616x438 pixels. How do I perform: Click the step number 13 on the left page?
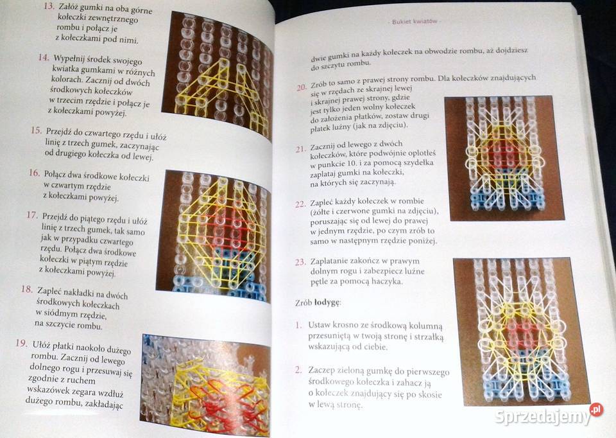pyautogui.click(x=47, y=7)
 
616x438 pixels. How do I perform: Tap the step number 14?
pyautogui.click(x=43, y=58)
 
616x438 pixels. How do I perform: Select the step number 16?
pyautogui.click(x=35, y=174)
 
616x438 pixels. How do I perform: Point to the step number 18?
pyautogui.click(x=27, y=289)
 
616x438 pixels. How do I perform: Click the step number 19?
pyautogui.click(x=21, y=344)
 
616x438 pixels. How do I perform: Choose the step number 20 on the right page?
pyautogui.click(x=302, y=87)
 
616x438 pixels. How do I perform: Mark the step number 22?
pyautogui.click(x=300, y=204)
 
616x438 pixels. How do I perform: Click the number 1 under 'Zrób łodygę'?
pyautogui.click(x=298, y=325)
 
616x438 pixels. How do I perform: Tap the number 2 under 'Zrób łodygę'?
pyautogui.click(x=298, y=370)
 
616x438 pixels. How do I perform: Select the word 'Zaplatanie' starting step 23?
pyautogui.click(x=334, y=261)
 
